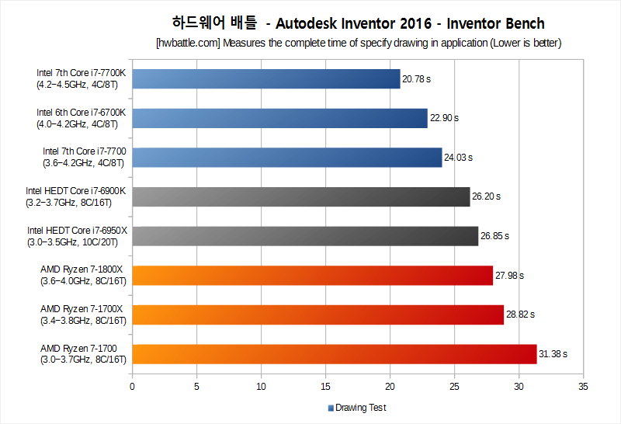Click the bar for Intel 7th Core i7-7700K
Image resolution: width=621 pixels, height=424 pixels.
pos(266,79)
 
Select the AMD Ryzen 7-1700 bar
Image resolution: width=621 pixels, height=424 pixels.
pos(335,354)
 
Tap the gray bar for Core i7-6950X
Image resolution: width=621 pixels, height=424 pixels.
pos(305,236)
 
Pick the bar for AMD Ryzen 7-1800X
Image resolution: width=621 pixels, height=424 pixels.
pos(313,276)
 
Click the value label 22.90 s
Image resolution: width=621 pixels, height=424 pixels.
pos(444,118)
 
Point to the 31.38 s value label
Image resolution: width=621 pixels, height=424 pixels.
pos(553,354)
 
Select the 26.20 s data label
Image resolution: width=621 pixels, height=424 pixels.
pos(487,196)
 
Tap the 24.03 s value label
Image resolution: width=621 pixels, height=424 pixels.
pos(458,158)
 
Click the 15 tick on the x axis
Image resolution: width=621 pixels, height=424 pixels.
pos(325,387)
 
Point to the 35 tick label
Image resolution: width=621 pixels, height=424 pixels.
pos(583,387)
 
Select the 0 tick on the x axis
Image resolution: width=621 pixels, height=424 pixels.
pos(132,387)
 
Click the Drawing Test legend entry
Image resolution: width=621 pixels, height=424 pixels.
pos(357,408)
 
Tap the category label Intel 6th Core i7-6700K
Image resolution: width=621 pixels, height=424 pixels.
pos(82,118)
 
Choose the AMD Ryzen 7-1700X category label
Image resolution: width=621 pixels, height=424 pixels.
pos(83,315)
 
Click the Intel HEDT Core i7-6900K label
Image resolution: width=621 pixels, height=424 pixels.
pos(75,196)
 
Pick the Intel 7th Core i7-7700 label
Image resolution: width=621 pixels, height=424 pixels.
pos(85,158)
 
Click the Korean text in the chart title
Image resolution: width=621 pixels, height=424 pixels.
pos(215,23)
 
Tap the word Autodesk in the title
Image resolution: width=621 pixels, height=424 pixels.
pos(306,24)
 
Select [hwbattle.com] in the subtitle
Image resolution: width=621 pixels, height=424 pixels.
pos(188,43)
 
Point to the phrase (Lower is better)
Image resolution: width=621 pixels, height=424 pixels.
pos(526,43)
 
